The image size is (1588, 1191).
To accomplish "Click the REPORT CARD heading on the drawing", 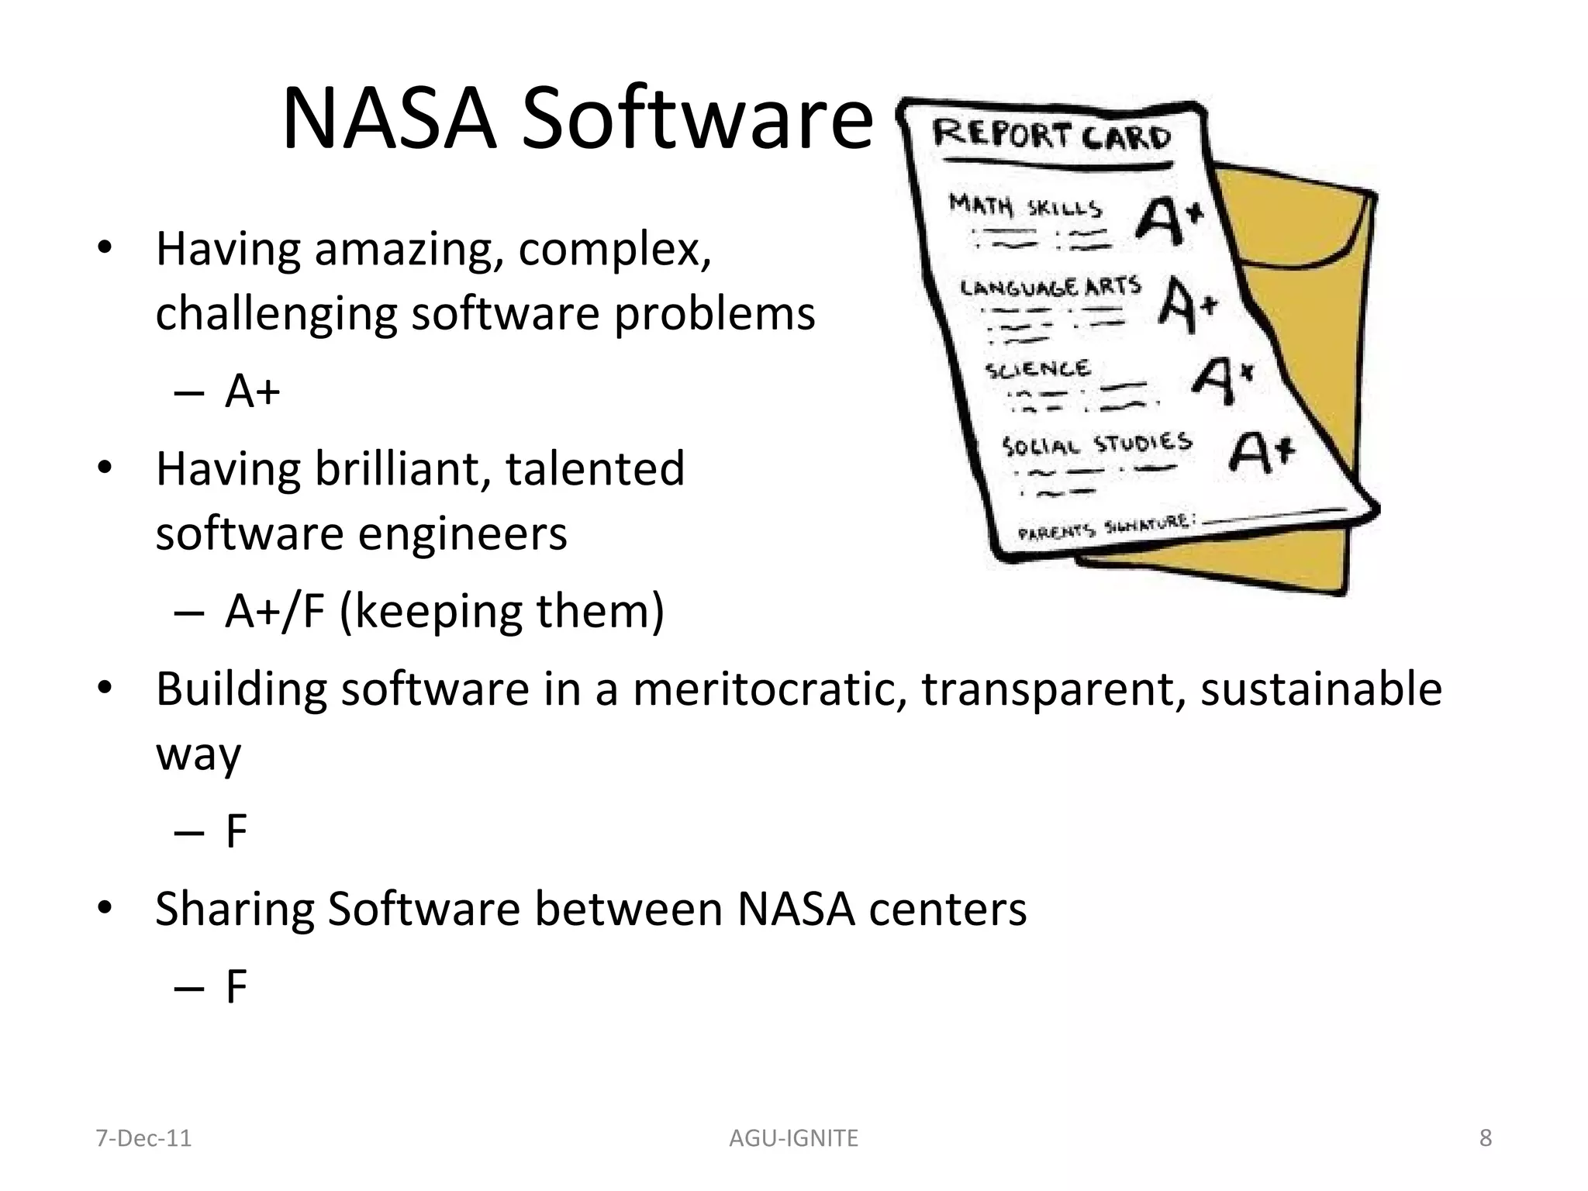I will (1051, 136).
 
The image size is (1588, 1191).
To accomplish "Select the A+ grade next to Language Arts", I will (1187, 304).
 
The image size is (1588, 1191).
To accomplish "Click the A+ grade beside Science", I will (1222, 379).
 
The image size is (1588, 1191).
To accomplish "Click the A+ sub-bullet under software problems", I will (252, 391).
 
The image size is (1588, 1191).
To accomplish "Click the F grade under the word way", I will (236, 831).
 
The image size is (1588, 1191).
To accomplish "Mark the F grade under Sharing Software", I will (236, 987).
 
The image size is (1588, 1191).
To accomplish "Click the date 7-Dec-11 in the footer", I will (143, 1138).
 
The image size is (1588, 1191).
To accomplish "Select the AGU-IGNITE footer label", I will (793, 1138).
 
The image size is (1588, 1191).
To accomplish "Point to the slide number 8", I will (1485, 1137).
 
